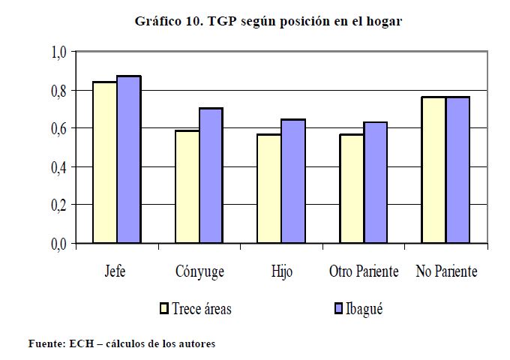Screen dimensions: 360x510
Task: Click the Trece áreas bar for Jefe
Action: pyautogui.click(x=104, y=163)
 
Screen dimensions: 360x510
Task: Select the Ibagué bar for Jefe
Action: pyautogui.click(x=128, y=160)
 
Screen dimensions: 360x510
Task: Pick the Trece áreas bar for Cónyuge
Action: pyautogui.click(x=187, y=187)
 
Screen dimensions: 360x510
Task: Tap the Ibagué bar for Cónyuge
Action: pyautogui.click(x=211, y=175)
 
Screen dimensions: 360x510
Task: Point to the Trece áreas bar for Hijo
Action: pyautogui.click(x=269, y=188)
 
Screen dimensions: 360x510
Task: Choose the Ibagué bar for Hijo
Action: pyautogui.click(x=293, y=181)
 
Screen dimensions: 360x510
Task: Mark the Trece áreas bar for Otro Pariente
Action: pyautogui.click(x=352, y=188)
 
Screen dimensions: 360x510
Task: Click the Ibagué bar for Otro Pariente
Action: pyautogui.click(x=376, y=183)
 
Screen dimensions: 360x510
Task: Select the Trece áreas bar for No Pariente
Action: pyautogui.click(x=433, y=170)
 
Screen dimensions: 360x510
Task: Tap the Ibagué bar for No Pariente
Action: pyautogui.click(x=457, y=170)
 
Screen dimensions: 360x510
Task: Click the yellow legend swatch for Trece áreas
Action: pyautogui.click(x=163, y=308)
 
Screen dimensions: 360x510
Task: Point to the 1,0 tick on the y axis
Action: pyautogui.click(x=58, y=52)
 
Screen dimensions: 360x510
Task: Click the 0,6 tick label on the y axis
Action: pyautogui.click(x=58, y=129)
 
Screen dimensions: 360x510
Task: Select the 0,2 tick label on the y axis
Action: pyautogui.click(x=58, y=205)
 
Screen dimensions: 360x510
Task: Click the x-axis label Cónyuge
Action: pyautogui.click(x=199, y=272)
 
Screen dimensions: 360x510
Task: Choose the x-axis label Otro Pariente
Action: pyautogui.click(x=364, y=271)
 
